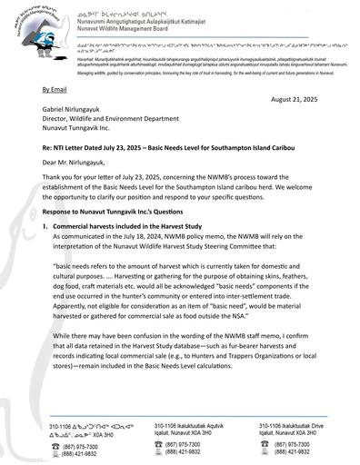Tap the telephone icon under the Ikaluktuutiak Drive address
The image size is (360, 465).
pyautogui.click(x=265, y=443)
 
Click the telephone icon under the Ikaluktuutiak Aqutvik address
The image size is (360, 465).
pyautogui.click(x=159, y=443)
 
